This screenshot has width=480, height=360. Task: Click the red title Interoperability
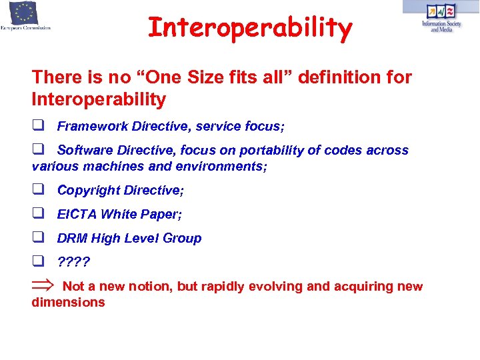[x=249, y=28]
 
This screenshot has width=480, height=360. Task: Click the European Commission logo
[x=26, y=17]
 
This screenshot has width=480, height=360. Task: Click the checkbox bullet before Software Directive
[x=37, y=150]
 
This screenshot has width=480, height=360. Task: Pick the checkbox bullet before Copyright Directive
[x=37, y=190]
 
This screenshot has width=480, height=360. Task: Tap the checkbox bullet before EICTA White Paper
[x=37, y=214]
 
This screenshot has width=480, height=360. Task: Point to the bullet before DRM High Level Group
[x=37, y=238]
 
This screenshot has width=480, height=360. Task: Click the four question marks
[x=73, y=262]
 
